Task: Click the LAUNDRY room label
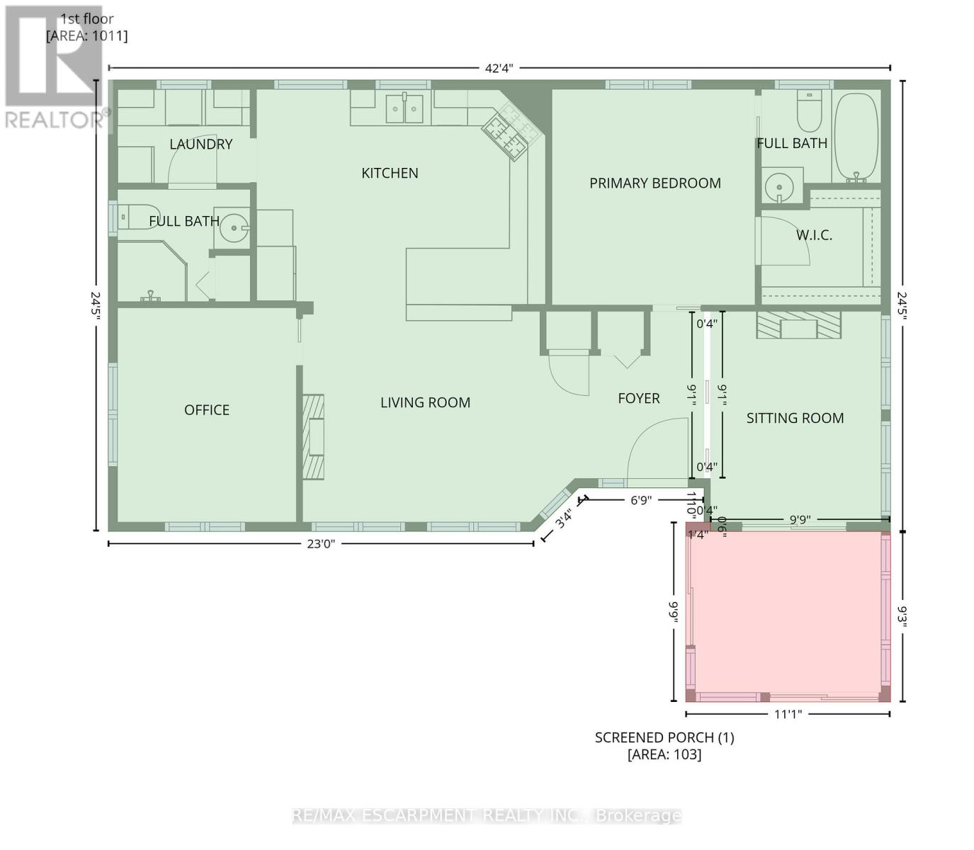point(201,144)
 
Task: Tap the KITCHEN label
point(390,174)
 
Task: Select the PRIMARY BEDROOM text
point(655,183)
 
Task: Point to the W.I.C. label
point(814,235)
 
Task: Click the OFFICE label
point(207,410)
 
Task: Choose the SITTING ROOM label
point(795,419)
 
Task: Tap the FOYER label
point(638,399)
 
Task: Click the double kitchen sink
point(404,108)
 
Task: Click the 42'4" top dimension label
point(499,68)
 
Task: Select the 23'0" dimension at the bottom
point(320,544)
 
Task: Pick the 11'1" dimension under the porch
point(787,714)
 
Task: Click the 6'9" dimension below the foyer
point(640,500)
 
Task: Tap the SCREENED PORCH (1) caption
point(664,737)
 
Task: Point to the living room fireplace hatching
point(314,437)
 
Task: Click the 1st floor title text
point(87,20)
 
